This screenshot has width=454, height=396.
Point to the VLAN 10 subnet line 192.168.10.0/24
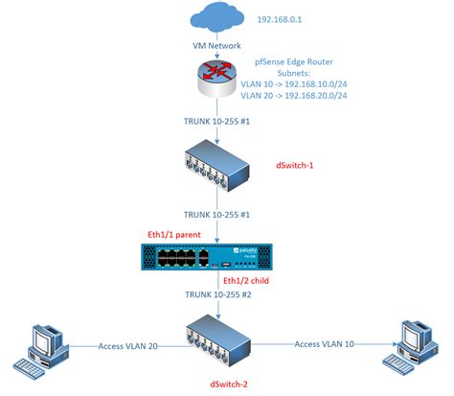point(309,84)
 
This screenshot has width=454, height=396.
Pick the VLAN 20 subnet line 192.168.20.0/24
point(309,97)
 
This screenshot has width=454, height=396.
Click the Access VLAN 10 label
point(324,344)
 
